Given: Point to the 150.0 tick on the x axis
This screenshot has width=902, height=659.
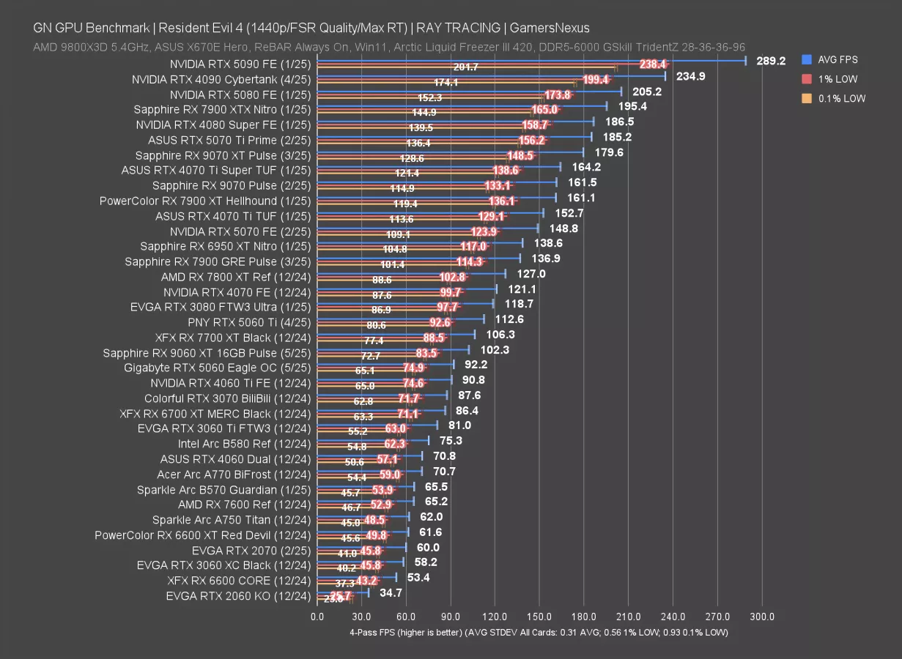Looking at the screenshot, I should coord(539,617).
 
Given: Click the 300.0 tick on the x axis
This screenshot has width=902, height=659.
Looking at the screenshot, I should coord(762,617).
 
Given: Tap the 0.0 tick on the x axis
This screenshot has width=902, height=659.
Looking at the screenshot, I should coord(317,617).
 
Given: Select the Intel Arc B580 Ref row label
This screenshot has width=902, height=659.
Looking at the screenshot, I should coord(244,444).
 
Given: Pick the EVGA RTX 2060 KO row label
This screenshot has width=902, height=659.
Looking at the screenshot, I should coord(238,595).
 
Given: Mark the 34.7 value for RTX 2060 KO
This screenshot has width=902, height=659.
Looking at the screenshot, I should coord(391,592).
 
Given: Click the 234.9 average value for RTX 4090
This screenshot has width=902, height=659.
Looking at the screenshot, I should coord(690,76).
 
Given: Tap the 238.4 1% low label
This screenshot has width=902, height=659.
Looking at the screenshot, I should coord(652,64).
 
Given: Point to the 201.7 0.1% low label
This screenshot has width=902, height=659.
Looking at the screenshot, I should coord(466,67).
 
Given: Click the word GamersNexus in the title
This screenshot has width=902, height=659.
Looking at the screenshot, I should coord(548,28).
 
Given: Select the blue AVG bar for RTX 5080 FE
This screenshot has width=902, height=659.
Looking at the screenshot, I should coord(469,92).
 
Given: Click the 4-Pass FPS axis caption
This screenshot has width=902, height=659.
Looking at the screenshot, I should coord(539,632).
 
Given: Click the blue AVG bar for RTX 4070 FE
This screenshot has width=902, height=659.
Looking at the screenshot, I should coord(407,289).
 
